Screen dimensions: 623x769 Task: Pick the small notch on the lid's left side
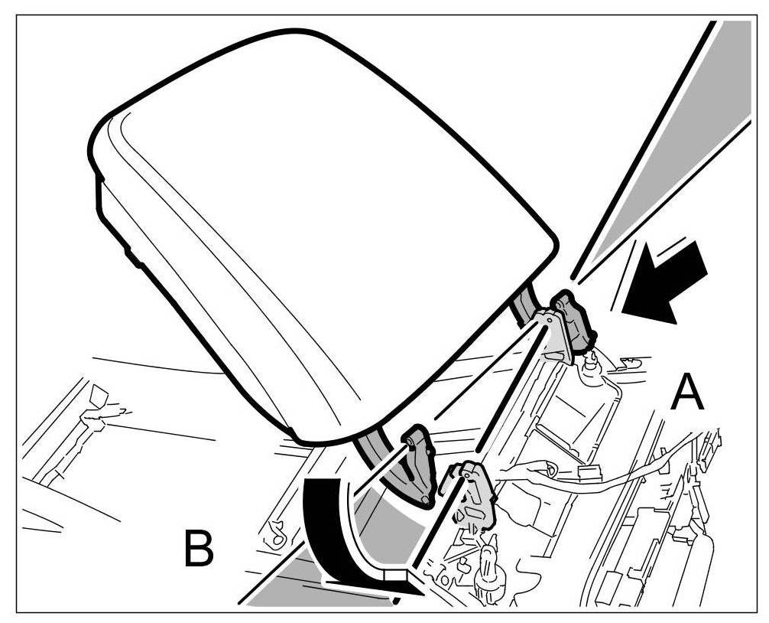coord(133,256)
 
